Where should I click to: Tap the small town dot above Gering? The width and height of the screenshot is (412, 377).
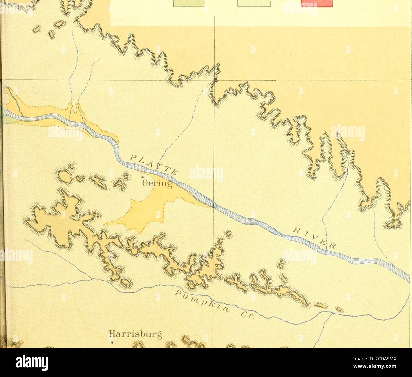pos(142,177)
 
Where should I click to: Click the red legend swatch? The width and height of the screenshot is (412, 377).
pos(317,3)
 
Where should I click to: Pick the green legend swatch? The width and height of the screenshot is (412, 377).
pos(189,3)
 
